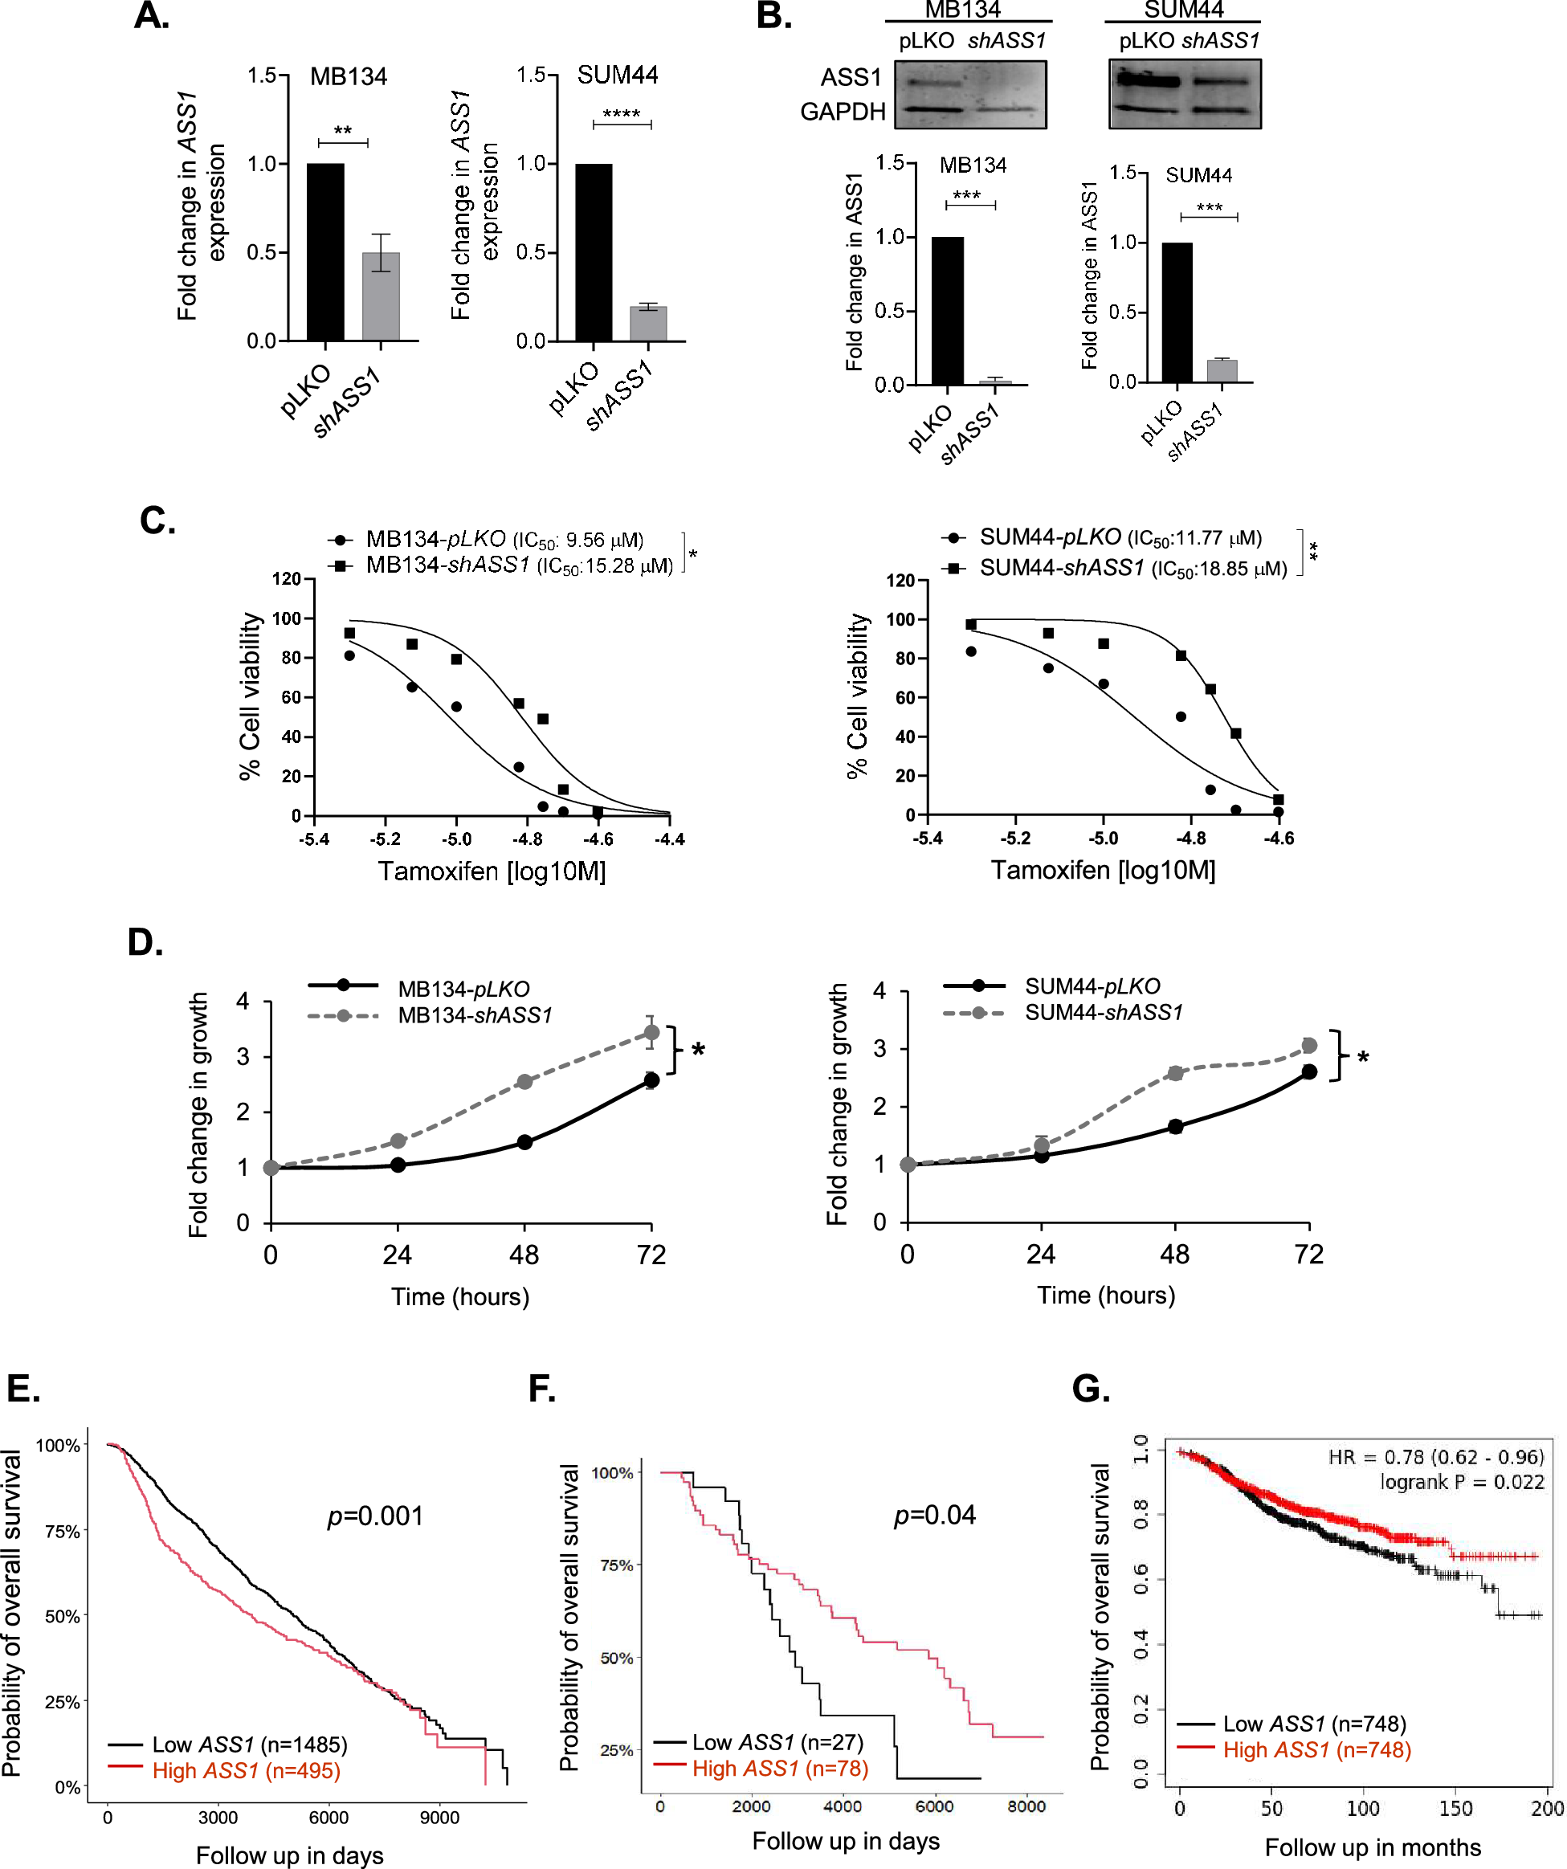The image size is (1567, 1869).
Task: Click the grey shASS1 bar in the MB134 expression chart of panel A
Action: pyautogui.click(x=381, y=296)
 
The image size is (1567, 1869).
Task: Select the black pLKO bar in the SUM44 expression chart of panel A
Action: pyautogui.click(x=594, y=253)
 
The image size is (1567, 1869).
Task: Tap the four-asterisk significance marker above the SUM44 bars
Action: pyautogui.click(x=621, y=115)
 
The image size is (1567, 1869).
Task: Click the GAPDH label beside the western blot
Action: pyautogui.click(x=843, y=112)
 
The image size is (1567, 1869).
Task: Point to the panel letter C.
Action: pyautogui.click(x=157, y=520)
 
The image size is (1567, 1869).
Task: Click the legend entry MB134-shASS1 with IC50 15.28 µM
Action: pyautogui.click(x=519, y=565)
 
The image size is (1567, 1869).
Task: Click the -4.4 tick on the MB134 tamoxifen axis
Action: pyautogui.click(x=670, y=839)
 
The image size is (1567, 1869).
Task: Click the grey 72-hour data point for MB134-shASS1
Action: pyautogui.click(x=651, y=1032)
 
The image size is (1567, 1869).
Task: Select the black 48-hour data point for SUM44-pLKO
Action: pyautogui.click(x=1176, y=1127)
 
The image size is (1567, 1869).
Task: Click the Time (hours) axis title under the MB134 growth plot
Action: pyautogui.click(x=460, y=1296)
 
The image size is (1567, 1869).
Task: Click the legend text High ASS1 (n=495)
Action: pyautogui.click(x=247, y=1770)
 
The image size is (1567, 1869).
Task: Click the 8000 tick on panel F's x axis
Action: pyautogui.click(x=1026, y=1806)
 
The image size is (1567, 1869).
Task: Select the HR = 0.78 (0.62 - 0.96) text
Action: pyautogui.click(x=1435, y=1457)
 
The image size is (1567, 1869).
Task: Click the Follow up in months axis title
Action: pyautogui.click(x=1372, y=1847)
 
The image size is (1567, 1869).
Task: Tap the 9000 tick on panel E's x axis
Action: pyautogui.click(x=439, y=1818)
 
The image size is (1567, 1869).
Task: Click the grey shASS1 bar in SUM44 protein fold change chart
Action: pyautogui.click(x=1222, y=370)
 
